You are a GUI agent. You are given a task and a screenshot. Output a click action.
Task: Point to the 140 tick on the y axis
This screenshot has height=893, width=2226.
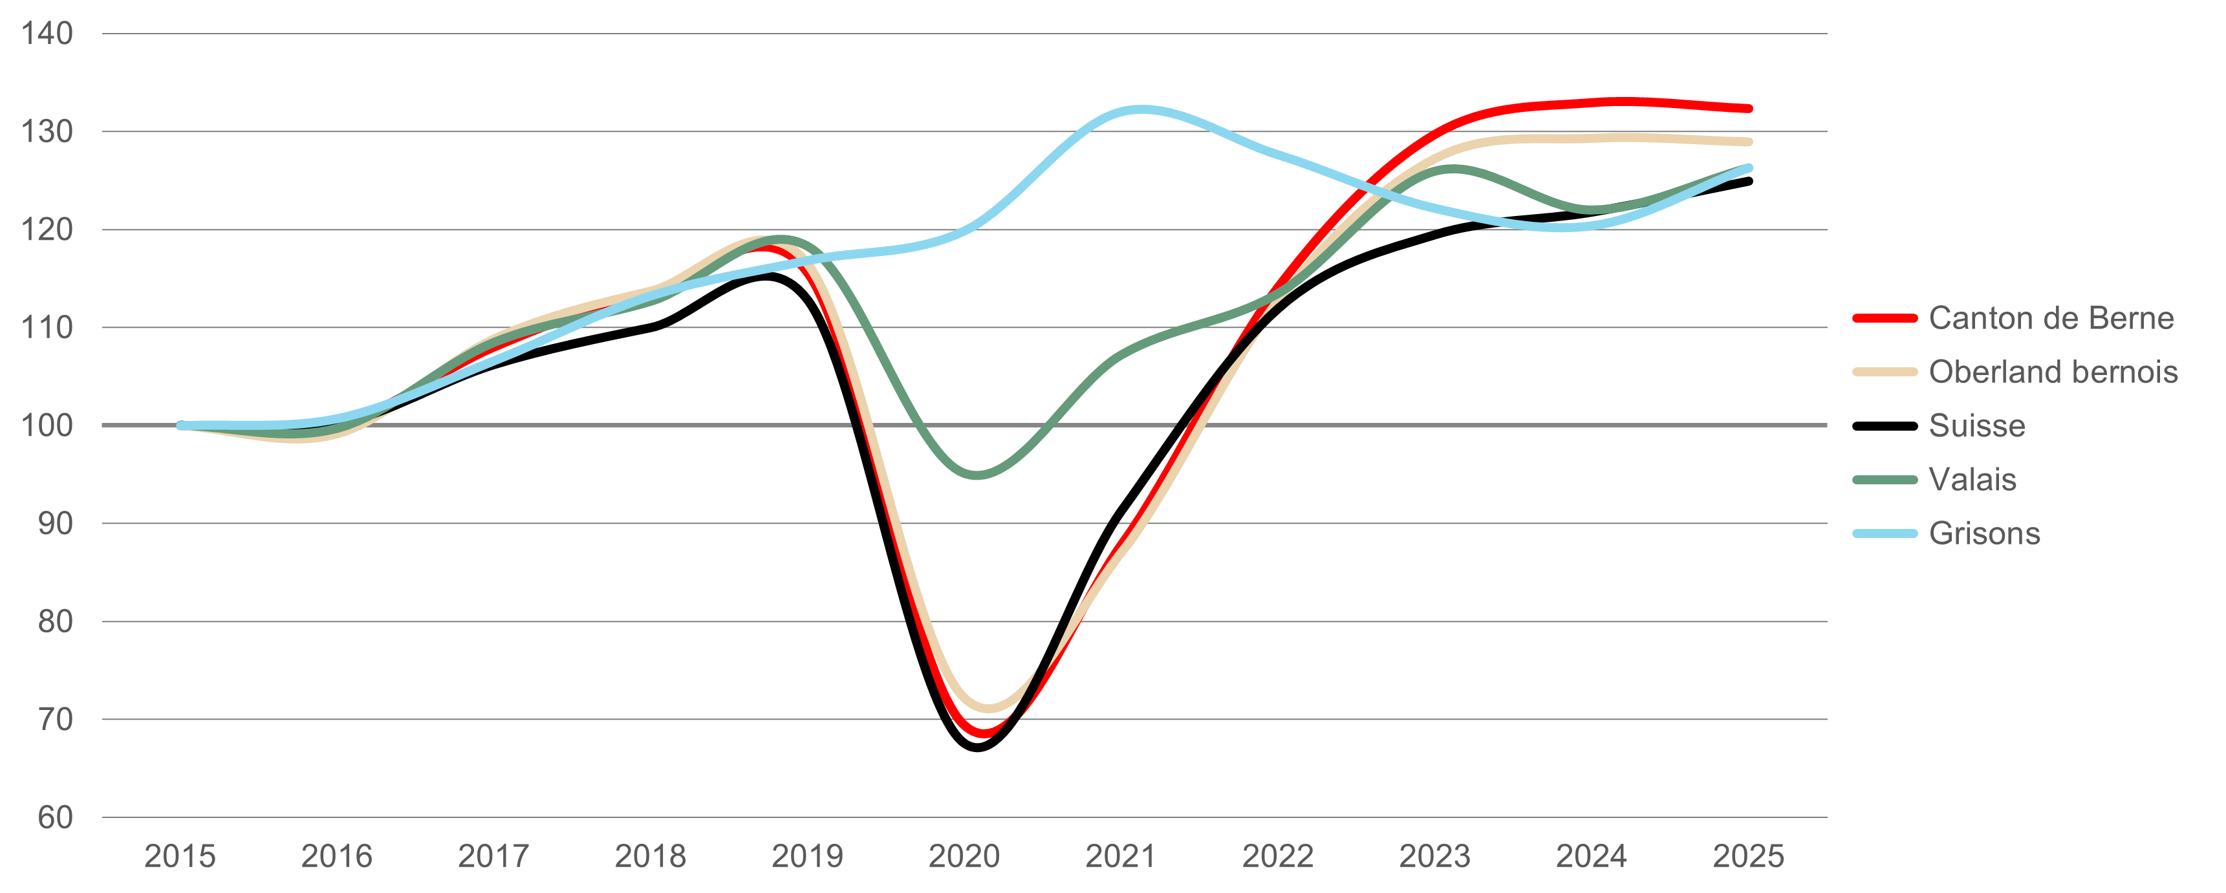click(47, 34)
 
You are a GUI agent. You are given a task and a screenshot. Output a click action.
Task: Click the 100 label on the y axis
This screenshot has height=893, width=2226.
click(47, 425)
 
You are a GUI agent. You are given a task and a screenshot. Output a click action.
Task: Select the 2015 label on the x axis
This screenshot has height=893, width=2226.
click(180, 856)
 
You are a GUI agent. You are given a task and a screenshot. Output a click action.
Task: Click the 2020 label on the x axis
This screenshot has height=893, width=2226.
click(964, 856)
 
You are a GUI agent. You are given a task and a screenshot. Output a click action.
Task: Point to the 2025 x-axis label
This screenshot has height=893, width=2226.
click(1748, 856)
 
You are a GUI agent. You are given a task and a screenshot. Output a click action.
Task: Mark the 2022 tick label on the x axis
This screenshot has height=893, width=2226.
click(1278, 856)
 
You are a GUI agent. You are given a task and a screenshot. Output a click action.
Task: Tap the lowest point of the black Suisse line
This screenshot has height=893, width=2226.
click(977, 747)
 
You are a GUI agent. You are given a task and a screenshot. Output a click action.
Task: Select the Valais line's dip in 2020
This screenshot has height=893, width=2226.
click(977, 475)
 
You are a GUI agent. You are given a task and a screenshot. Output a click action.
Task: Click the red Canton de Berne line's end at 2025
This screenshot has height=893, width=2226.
click(1749, 109)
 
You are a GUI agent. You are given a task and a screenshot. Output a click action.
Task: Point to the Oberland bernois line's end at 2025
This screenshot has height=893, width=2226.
click(1749, 142)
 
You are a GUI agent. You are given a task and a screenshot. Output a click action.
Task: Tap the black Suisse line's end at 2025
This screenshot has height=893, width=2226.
click(1749, 181)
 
